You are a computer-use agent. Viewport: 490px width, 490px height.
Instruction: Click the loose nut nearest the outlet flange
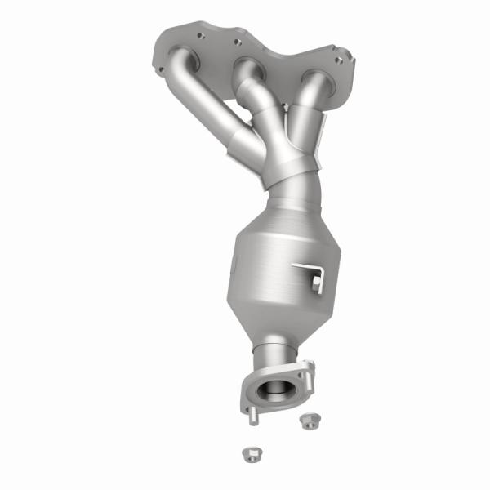coord(308,421)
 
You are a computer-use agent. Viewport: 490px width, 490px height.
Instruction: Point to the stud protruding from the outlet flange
coord(252,415)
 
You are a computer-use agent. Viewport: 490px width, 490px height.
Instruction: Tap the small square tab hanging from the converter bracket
coord(317,284)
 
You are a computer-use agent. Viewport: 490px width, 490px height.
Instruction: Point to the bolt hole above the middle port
coord(237,41)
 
